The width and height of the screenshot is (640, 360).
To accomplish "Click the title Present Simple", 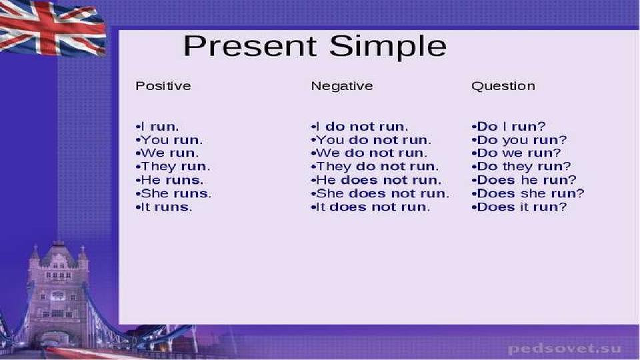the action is click(315, 47).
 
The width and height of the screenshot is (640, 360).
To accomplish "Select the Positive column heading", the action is click(163, 86).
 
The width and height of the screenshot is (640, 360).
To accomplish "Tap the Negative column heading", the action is click(341, 86).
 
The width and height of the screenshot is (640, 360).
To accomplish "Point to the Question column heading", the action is click(503, 86).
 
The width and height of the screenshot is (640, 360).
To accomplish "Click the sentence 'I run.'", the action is click(159, 127).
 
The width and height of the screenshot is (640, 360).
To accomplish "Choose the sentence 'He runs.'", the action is click(172, 180).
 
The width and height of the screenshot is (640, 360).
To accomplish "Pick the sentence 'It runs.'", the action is click(166, 207).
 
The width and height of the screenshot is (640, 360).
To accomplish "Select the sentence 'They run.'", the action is click(175, 167).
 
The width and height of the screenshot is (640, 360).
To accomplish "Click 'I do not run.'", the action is click(361, 127).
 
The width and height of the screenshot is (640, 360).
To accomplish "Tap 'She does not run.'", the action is click(383, 193).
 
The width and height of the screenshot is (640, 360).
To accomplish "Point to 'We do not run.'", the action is click(371, 153).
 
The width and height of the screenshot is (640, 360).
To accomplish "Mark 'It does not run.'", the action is click(373, 207).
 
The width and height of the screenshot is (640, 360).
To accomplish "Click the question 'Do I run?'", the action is click(511, 127).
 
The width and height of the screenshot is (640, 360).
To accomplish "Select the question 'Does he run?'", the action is click(527, 180).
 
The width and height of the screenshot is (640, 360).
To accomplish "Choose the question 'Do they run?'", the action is click(524, 167).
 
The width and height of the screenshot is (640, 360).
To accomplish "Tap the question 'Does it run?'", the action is click(521, 207).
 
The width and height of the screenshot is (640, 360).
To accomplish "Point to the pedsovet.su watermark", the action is click(565, 349).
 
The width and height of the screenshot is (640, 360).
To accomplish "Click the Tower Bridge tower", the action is click(57, 294).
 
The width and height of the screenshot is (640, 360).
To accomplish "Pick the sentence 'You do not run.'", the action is click(373, 140).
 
